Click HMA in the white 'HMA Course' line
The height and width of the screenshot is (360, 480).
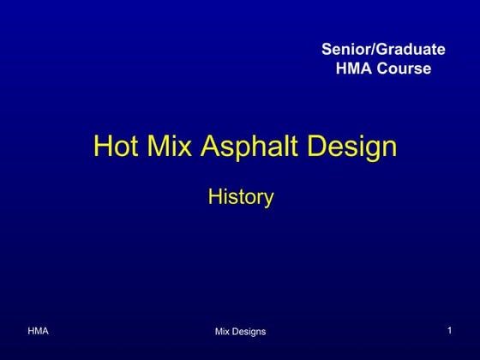pyautogui.click(x=352, y=68)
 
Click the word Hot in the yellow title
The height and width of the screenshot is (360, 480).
pyautogui.click(x=111, y=146)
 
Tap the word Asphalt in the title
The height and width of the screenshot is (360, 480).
pyautogui.click(x=247, y=147)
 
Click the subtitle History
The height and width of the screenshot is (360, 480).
pyautogui.click(x=241, y=197)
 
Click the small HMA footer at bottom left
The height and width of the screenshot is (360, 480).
pyautogui.click(x=38, y=330)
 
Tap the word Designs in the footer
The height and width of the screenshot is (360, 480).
pyautogui.click(x=249, y=331)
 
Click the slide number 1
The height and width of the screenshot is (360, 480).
pyautogui.click(x=449, y=330)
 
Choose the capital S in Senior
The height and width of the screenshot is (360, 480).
pyautogui.click(x=326, y=49)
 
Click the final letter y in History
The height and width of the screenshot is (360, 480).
pyautogui.click(x=268, y=200)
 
